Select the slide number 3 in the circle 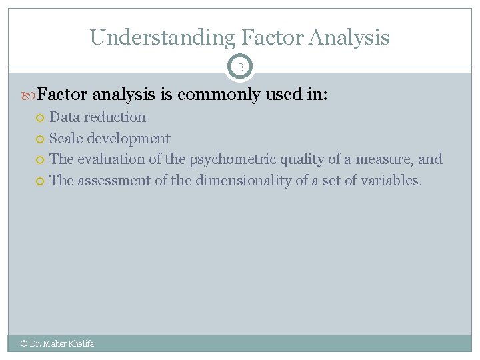pos(240,67)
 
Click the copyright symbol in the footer pos(24,344)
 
